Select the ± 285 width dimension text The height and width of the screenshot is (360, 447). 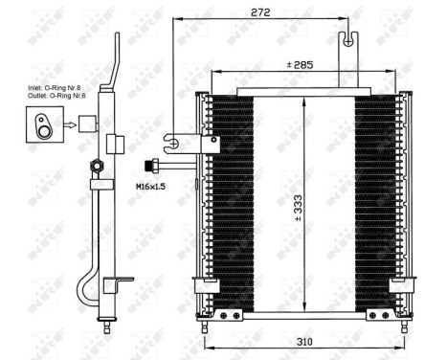pyautogui.click(x=301, y=66)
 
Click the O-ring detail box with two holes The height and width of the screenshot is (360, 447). pyautogui.click(x=45, y=123)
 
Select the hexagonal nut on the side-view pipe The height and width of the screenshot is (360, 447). pyautogui.click(x=97, y=166)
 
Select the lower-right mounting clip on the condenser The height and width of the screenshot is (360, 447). pyautogui.click(x=405, y=284)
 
